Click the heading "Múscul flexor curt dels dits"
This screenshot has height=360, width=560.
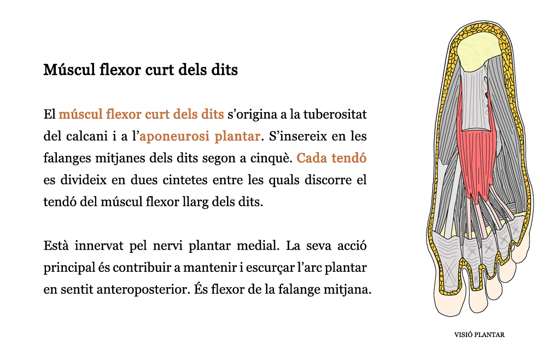pos(141,69)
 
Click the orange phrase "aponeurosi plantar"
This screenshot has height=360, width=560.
pos(200,136)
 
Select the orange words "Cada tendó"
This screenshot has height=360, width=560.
pos(331,158)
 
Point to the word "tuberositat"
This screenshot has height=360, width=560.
pos(335,114)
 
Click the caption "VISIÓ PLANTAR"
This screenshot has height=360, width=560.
pos(479,335)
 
